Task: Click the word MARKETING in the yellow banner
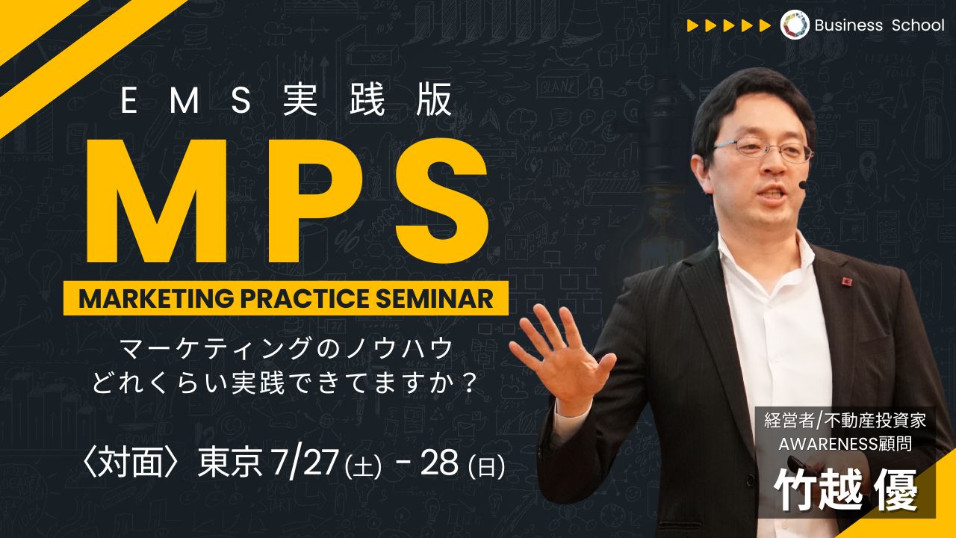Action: pos(156,298)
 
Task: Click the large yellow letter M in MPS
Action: pos(157,201)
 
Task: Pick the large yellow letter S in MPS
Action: pos(441,201)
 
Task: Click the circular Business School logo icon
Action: pos(795,25)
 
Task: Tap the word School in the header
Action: pos(918,25)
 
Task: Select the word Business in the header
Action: pos(848,25)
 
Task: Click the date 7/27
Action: pos(305,463)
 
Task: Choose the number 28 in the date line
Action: pos(440,463)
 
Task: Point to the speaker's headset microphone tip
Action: pos(803,185)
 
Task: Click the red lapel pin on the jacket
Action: pos(847,281)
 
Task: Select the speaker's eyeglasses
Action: pos(764,148)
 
